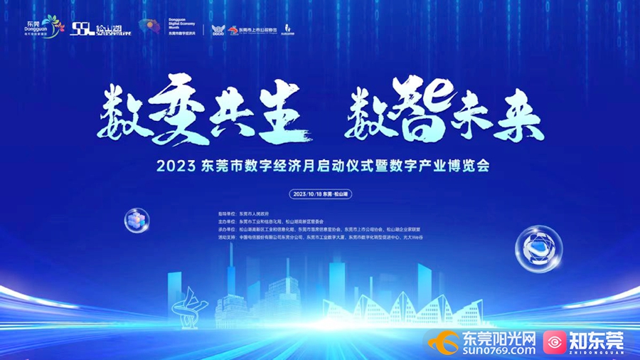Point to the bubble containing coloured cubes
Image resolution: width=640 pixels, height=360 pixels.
pyautogui.click(x=136, y=219)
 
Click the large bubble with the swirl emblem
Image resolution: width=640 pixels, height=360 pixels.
pyautogui.click(x=540, y=249)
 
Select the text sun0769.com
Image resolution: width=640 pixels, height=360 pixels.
pyautogui.click(x=498, y=349)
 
